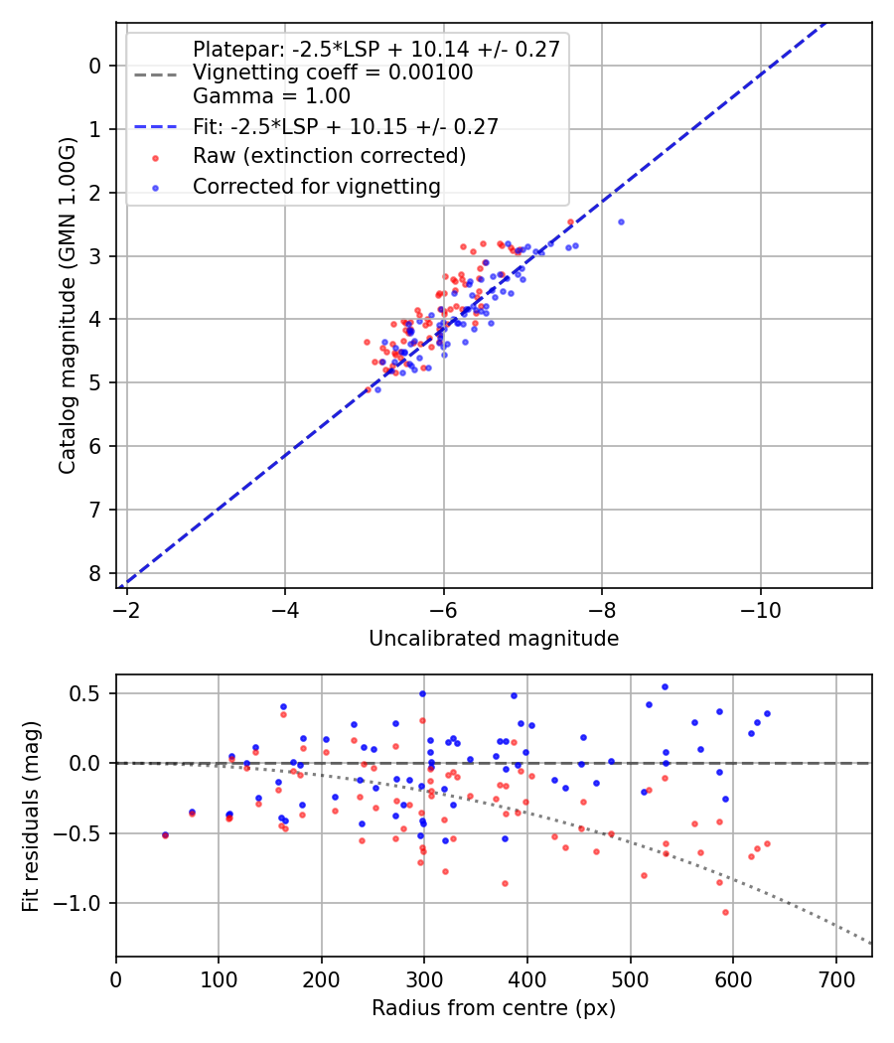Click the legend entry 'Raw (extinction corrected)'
click(329, 156)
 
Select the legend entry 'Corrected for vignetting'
click(316, 186)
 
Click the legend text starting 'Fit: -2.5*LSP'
click(345, 126)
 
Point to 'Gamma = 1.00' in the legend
click(271, 96)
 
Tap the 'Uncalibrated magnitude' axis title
click(494, 639)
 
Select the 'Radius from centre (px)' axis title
click(494, 1008)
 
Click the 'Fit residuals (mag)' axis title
click(31, 817)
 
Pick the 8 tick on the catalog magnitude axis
click(95, 573)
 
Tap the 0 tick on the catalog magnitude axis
click(95, 66)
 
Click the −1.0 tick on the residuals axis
click(81, 903)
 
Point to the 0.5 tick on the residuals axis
click(88, 693)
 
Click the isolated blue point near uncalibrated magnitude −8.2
click(621, 222)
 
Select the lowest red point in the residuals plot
click(725, 912)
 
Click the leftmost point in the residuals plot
click(165, 834)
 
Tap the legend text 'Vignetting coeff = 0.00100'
click(333, 73)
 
